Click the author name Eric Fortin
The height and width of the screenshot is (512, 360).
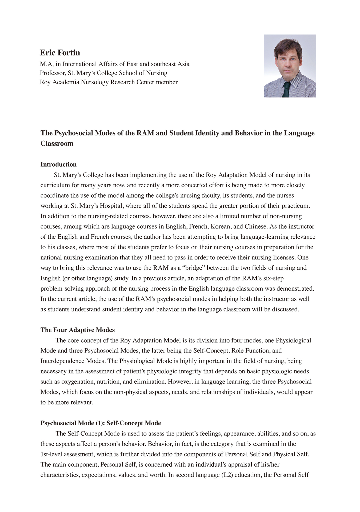pos(60,53)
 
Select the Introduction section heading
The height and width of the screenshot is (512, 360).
pos(58,164)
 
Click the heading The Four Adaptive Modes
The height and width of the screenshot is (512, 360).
pos(78,330)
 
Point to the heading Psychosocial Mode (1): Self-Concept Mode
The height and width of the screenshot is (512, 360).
pos(101,423)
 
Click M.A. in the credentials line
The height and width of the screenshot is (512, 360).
pos(47,64)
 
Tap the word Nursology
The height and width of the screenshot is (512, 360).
pos(95,82)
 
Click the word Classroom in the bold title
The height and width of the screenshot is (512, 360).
pos(57,143)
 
